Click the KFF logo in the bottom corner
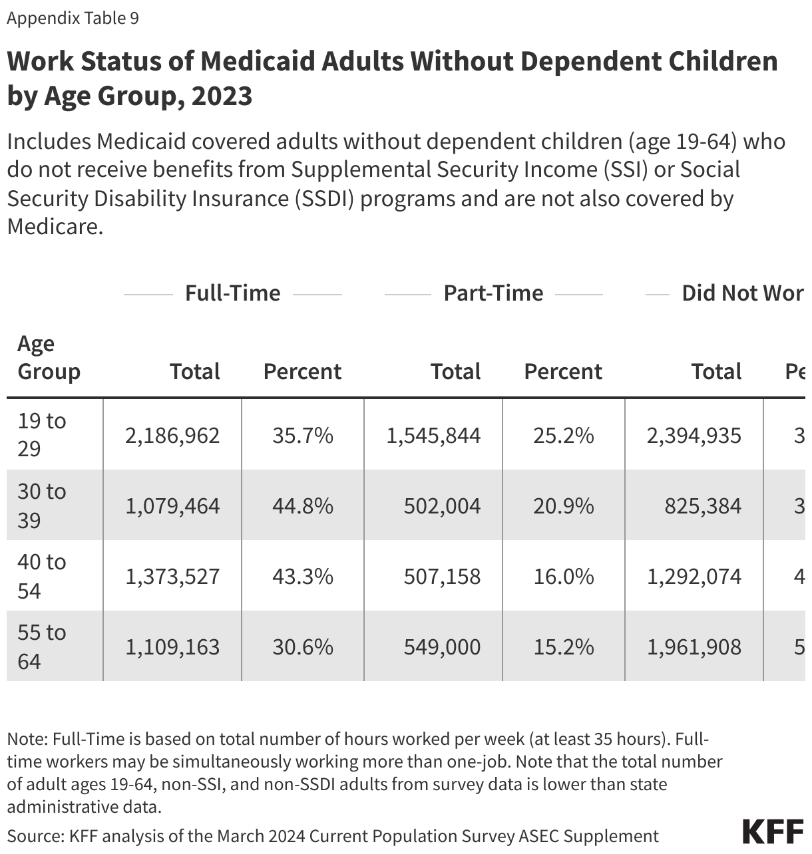tap(773, 832)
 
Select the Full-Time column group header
tap(232, 293)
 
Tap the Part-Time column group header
tap(493, 293)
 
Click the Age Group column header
tap(49, 357)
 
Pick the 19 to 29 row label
tap(41, 434)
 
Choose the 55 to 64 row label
tap(41, 646)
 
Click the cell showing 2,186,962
tap(172, 436)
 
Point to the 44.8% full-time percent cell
tap(302, 506)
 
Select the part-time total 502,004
tap(442, 506)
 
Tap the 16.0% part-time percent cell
tap(564, 577)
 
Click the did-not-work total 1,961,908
tap(694, 647)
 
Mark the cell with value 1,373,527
tap(172, 577)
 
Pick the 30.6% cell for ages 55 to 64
tap(302, 647)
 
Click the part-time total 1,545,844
tap(433, 436)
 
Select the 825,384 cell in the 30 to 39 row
tap(703, 506)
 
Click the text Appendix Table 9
tap(73, 18)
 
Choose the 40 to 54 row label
tap(41, 575)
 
